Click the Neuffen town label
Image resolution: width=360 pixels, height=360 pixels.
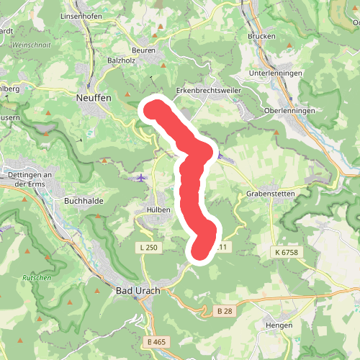tap(91, 96)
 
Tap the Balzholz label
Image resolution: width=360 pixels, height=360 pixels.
tap(122, 61)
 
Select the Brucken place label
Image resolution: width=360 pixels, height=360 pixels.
tap(261, 36)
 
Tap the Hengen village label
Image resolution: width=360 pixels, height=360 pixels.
tap(278, 325)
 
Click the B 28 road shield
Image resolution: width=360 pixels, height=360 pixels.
tap(224, 311)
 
